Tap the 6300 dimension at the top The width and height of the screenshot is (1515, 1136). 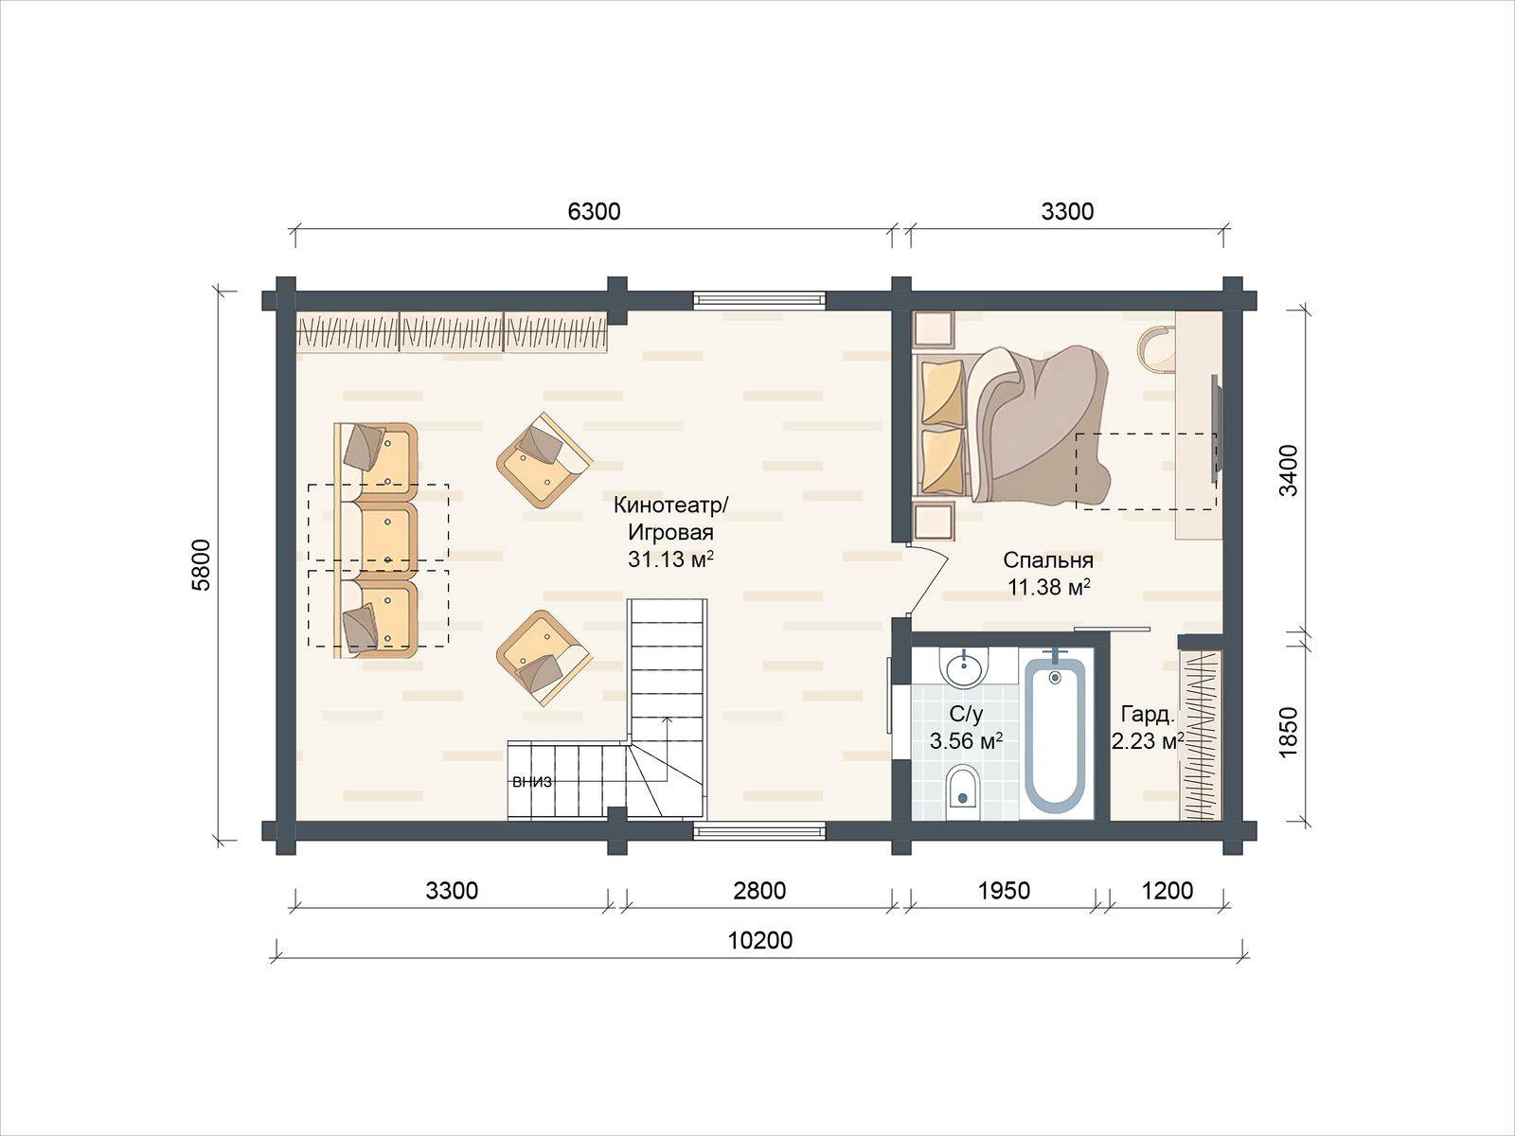(594, 212)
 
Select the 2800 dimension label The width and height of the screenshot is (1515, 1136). (759, 891)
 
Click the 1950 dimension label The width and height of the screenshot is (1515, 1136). (1005, 891)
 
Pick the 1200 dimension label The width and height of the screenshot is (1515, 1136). (1167, 891)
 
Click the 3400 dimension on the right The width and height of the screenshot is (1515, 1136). (1289, 470)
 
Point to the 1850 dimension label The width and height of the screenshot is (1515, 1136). (1289, 733)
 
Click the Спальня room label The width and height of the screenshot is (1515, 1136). (1048, 560)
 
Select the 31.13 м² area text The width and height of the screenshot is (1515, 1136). (670, 559)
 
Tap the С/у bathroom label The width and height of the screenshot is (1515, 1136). (966, 716)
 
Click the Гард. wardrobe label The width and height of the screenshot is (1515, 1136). (1148, 716)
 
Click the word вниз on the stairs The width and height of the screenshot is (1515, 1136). (532, 782)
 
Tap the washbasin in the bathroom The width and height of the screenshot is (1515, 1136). (964, 667)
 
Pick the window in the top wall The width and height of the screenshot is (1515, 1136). (759, 299)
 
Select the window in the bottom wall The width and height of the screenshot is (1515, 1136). (759, 831)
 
